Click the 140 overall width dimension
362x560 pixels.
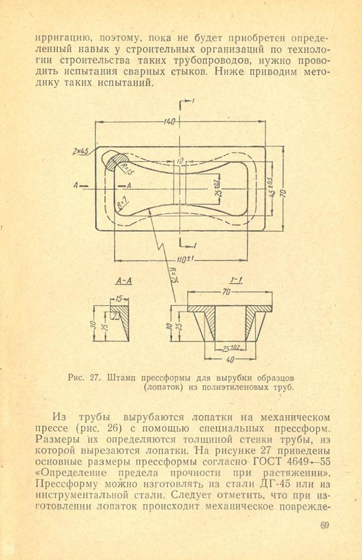tap(170, 122)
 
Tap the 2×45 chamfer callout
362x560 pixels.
tap(81, 151)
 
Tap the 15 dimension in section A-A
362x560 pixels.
tap(119, 299)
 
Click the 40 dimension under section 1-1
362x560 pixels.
tap(230, 359)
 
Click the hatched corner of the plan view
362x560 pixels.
tap(116, 162)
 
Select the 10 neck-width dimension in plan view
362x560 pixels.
tap(179, 161)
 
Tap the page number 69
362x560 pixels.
tap(326, 525)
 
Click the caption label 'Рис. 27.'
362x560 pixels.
tap(83, 377)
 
